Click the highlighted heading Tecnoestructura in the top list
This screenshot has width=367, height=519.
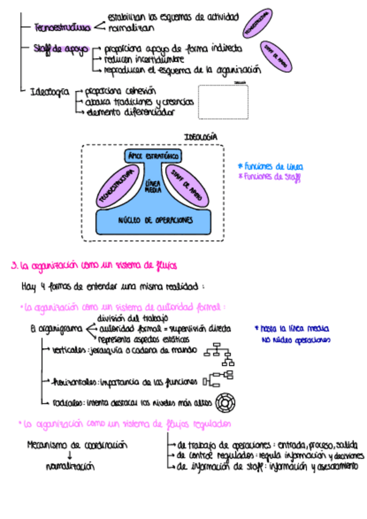pyautogui.click(x=63, y=28)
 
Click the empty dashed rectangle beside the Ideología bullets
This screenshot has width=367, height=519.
pyautogui.click(x=223, y=102)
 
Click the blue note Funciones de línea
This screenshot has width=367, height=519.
pyautogui.click(x=271, y=166)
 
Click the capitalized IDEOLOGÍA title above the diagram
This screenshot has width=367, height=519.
pyautogui.click(x=201, y=137)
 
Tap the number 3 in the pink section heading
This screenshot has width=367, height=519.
pyautogui.click(x=14, y=266)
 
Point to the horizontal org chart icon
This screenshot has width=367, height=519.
pyautogui.click(x=218, y=379)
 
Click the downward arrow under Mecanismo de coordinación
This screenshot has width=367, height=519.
pyautogui.click(x=70, y=455)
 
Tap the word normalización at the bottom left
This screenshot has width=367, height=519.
pyautogui.click(x=70, y=466)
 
